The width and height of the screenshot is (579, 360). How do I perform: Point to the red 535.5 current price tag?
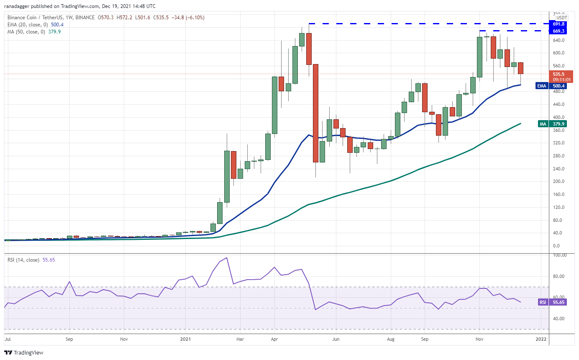(x=559, y=74)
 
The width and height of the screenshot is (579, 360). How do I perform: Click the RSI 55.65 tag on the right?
(x=552, y=302)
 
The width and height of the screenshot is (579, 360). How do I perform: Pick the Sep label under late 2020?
(x=69, y=339)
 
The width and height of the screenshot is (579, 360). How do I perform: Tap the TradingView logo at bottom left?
(x=24, y=352)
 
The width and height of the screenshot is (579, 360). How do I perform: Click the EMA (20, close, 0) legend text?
(x=25, y=25)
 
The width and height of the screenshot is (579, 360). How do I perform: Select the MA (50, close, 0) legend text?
(x=25, y=31)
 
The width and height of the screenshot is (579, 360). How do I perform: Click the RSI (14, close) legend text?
(x=23, y=260)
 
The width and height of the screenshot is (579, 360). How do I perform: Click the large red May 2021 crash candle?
(x=316, y=113)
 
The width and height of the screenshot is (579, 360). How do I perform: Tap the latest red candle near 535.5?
(x=520, y=68)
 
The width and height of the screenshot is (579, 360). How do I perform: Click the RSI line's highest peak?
(x=226, y=258)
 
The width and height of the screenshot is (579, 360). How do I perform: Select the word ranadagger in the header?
(x=17, y=6)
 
